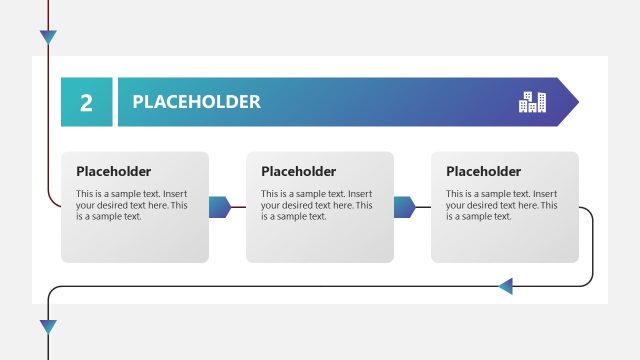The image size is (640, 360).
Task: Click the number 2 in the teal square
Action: click(86, 102)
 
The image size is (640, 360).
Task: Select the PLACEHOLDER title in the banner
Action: click(196, 102)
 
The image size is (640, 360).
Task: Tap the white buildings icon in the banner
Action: click(533, 101)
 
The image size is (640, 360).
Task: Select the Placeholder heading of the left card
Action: click(113, 171)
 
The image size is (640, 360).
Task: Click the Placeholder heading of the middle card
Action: click(298, 171)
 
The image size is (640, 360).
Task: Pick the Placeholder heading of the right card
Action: click(483, 171)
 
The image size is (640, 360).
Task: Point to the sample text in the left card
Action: click(131, 205)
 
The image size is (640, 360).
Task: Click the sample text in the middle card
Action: click(316, 205)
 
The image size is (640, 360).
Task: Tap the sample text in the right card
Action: click(501, 205)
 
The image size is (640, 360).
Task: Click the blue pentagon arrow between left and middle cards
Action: click(220, 207)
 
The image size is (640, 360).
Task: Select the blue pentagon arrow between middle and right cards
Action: click(405, 207)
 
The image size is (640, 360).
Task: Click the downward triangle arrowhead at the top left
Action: click(48, 37)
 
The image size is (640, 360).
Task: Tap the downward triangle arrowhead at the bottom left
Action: click(48, 327)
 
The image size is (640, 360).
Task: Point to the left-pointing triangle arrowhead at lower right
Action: click(505, 287)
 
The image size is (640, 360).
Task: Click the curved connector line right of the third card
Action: click(593, 245)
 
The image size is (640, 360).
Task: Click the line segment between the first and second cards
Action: click(239, 207)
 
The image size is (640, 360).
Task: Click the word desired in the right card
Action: click(486, 205)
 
